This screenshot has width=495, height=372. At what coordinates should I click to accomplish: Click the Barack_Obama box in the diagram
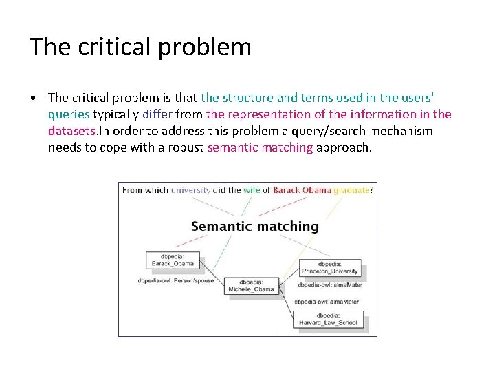click(x=170, y=260)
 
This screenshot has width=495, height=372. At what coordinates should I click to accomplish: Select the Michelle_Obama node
click(x=256, y=286)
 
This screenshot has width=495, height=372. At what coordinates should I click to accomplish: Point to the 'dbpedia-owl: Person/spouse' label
click(x=175, y=280)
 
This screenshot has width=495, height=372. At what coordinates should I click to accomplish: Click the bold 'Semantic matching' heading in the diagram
click(x=254, y=226)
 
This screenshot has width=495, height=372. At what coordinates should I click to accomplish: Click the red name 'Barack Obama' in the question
click(x=303, y=190)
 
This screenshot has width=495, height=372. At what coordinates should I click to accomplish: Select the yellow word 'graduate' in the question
click(x=352, y=190)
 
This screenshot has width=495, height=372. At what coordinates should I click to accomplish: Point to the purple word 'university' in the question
click(x=191, y=190)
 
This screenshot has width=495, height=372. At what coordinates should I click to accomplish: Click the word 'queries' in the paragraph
click(x=69, y=114)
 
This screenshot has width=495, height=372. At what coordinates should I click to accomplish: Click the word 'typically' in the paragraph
click(x=116, y=114)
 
